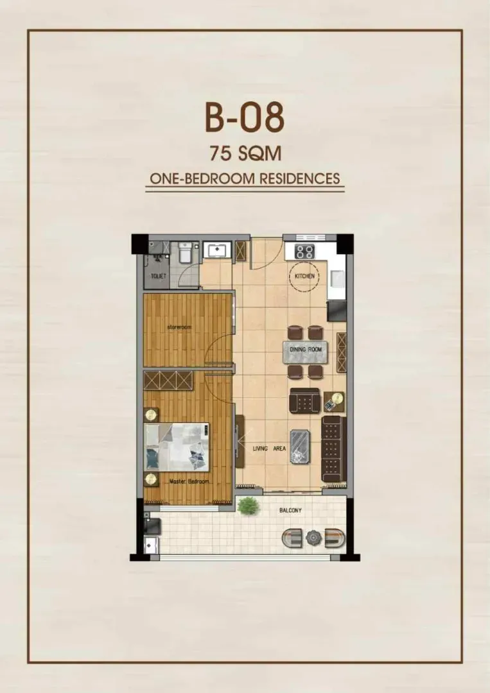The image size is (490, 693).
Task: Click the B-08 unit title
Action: pyautogui.click(x=245, y=117)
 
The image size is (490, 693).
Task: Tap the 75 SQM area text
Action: pyautogui.click(x=245, y=154)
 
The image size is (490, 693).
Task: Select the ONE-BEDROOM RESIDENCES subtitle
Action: pyautogui.click(x=245, y=178)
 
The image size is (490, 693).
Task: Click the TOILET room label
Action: pyautogui.click(x=159, y=276)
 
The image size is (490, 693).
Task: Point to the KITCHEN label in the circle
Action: pyautogui.click(x=304, y=276)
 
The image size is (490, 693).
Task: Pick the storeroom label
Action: pyautogui.click(x=179, y=327)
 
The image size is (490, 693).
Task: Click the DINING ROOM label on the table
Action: pyautogui.click(x=306, y=349)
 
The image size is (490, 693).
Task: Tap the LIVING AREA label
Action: pyautogui.click(x=269, y=448)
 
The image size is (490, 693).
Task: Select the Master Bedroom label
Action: pyautogui.click(x=189, y=481)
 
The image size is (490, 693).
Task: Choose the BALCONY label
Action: pyautogui.click(x=290, y=510)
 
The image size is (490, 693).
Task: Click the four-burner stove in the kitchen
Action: pyautogui.click(x=304, y=252)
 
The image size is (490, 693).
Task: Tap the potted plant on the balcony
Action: pyautogui.click(x=248, y=506)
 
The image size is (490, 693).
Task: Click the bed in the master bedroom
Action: pyautogui.click(x=177, y=447)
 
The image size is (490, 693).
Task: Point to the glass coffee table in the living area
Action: pyautogui.click(x=300, y=447)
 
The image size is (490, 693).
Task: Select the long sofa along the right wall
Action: pyautogui.click(x=333, y=449)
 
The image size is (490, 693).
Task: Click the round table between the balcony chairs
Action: pyautogui.click(x=313, y=538)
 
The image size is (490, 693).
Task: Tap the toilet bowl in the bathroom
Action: pyautogui.click(x=184, y=253)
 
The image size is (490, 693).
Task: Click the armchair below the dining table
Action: pyautogui.click(x=304, y=401)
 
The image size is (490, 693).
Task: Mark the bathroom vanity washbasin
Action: pyautogui.click(x=217, y=249)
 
